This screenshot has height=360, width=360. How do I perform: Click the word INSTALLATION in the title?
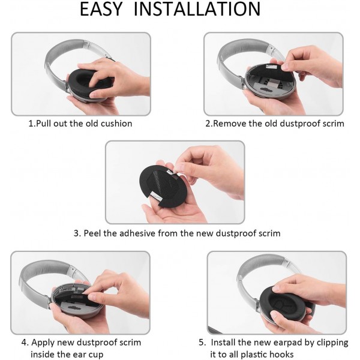(207, 10)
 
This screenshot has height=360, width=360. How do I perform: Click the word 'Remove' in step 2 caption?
(231, 124)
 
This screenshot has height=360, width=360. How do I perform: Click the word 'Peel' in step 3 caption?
(96, 233)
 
